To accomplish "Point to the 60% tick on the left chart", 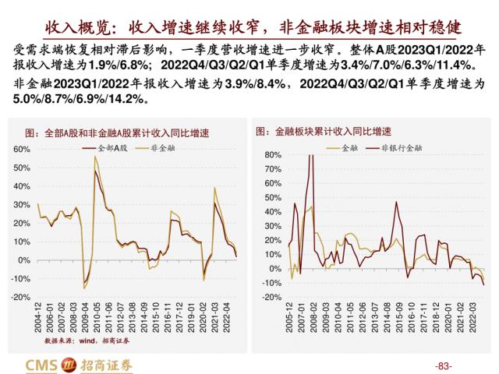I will (22, 148).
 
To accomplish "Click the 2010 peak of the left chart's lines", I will (95, 158).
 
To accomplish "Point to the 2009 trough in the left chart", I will (84, 287).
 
